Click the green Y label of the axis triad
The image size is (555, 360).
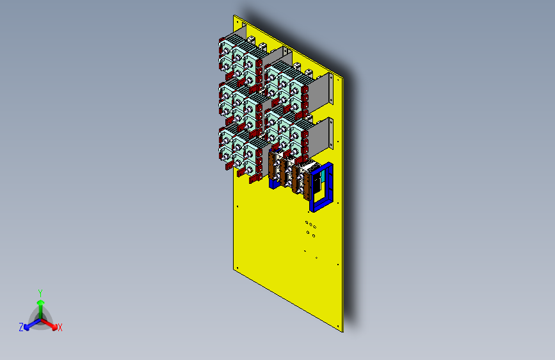40,291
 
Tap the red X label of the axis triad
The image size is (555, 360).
60,327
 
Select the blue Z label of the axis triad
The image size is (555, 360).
21,327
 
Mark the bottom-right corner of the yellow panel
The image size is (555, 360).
343,331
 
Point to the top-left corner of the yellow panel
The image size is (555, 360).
235,16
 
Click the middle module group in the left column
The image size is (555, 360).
240,102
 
